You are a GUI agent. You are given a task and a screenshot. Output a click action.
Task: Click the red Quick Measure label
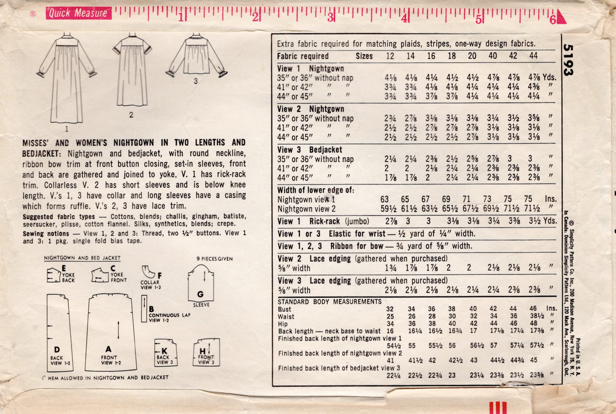[78, 14]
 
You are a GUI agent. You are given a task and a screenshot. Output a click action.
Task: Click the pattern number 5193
[568, 60]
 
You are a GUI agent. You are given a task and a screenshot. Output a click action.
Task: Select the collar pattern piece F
[150, 274]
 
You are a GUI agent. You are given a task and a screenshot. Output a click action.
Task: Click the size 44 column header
[534, 56]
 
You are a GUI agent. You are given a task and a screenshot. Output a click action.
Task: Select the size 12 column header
[390, 56]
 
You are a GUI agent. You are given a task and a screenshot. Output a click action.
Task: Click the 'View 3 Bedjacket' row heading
[310, 150]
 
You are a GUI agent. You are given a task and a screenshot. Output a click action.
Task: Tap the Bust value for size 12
[390, 309]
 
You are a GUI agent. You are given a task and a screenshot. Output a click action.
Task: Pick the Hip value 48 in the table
[533, 323]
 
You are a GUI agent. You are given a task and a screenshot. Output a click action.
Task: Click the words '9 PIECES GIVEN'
[214, 259]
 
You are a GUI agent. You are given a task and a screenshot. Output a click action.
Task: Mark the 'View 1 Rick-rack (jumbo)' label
[322, 221]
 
